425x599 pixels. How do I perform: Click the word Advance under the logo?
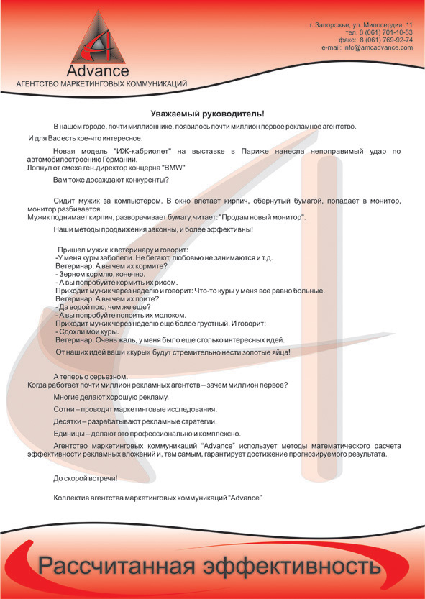coord(98,71)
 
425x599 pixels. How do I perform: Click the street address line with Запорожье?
coord(361,25)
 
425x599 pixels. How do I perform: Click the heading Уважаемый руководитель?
coord(208,114)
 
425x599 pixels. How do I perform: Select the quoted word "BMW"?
coord(173,167)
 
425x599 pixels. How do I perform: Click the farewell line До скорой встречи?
coord(85,477)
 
